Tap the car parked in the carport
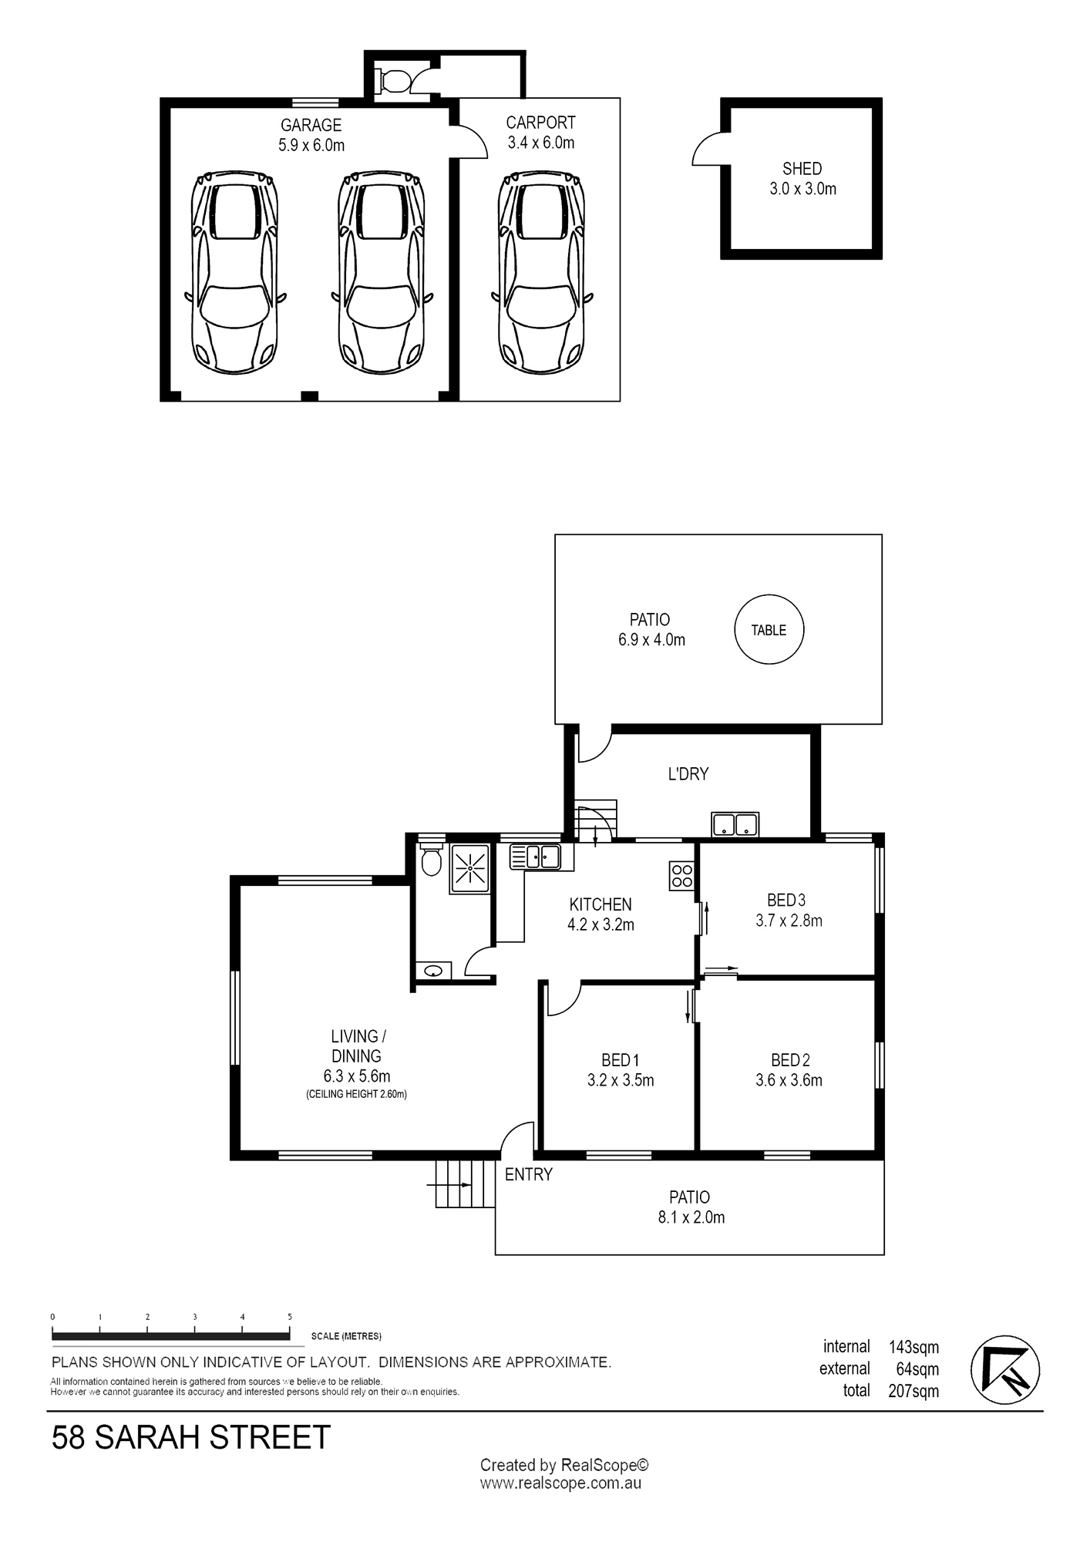541,273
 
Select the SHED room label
802,168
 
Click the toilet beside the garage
393,80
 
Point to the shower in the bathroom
469,869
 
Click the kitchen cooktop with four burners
682,876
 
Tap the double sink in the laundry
735,824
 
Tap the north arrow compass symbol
1005,1370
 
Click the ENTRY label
529,1174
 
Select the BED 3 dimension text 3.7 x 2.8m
789,921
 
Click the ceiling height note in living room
356,1094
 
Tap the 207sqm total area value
913,1391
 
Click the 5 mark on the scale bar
290,1318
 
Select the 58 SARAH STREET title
191,1438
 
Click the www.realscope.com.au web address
560,1483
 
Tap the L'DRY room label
688,773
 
